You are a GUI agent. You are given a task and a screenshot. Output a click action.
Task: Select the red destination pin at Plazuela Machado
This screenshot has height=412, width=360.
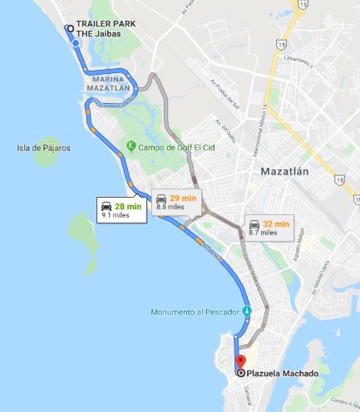pyautogui.click(x=240, y=362)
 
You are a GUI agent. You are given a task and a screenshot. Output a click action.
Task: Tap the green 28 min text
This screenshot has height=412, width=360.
pyautogui.click(x=128, y=205)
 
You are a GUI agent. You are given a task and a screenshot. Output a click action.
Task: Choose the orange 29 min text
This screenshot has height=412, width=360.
pyautogui.click(x=182, y=198)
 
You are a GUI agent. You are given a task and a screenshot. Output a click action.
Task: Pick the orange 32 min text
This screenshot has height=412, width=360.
pyautogui.click(x=277, y=224)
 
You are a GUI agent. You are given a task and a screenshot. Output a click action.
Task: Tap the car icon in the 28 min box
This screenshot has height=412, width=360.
pyautogui.click(x=106, y=205)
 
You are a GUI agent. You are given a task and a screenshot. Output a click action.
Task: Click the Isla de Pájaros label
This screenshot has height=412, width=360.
pyautogui.click(x=43, y=148)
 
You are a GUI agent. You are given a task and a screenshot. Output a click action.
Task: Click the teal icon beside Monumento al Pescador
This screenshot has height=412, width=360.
pyautogui.click(x=246, y=311)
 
